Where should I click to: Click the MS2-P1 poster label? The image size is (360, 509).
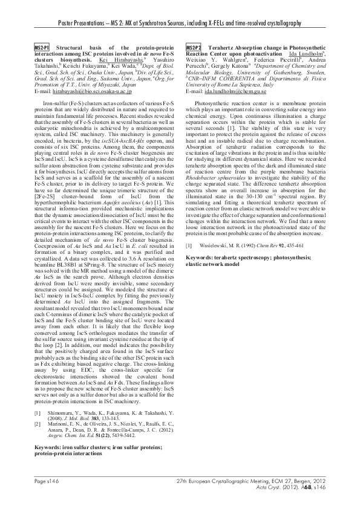[x=42, y=47]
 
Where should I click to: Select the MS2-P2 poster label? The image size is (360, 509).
[x=194, y=47]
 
